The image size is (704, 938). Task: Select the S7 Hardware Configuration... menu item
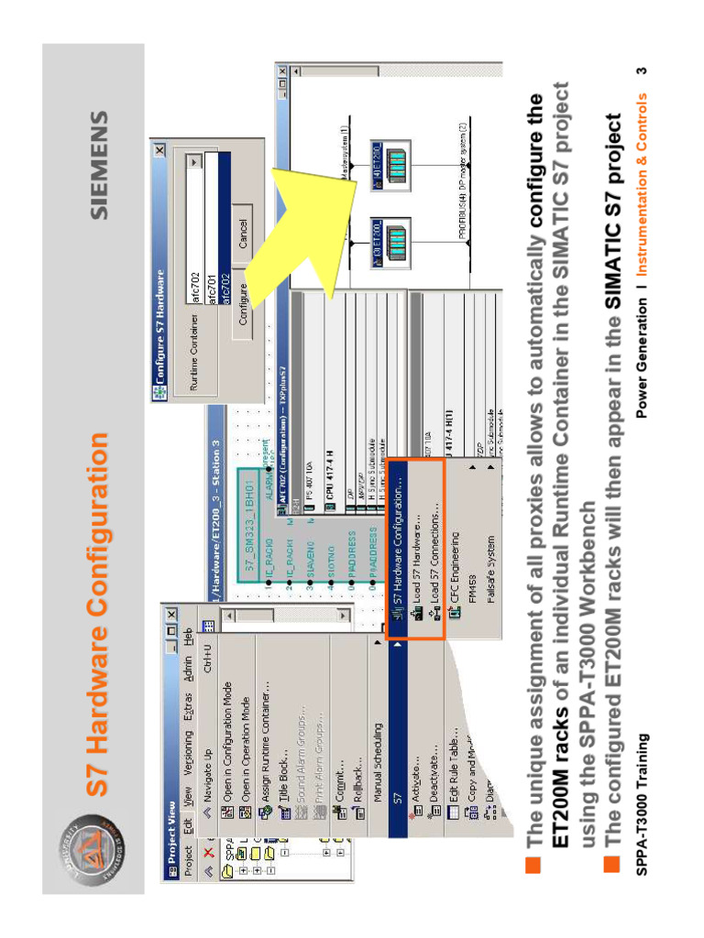click(x=398, y=550)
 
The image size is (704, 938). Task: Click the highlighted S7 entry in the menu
click(x=397, y=797)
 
